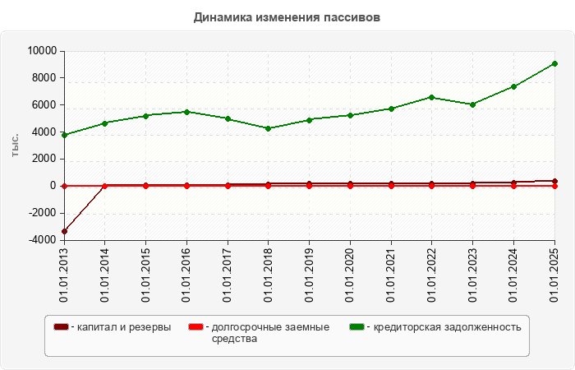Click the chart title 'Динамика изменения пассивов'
tap(287, 17)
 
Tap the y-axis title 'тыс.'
tap(16, 145)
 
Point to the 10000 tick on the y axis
tap(40, 51)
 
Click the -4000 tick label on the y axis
tap(40, 240)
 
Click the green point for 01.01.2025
tap(554, 63)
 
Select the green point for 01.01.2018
tap(269, 128)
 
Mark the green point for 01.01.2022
tap(432, 97)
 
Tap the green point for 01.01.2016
tap(186, 112)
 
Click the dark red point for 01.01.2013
tap(64, 231)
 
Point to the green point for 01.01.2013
tap(64, 135)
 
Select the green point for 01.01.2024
tap(513, 86)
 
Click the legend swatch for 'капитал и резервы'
tap(61, 327)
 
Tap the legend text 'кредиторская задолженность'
tap(448, 327)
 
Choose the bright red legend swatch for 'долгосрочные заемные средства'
tap(195, 327)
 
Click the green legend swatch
tap(356, 327)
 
